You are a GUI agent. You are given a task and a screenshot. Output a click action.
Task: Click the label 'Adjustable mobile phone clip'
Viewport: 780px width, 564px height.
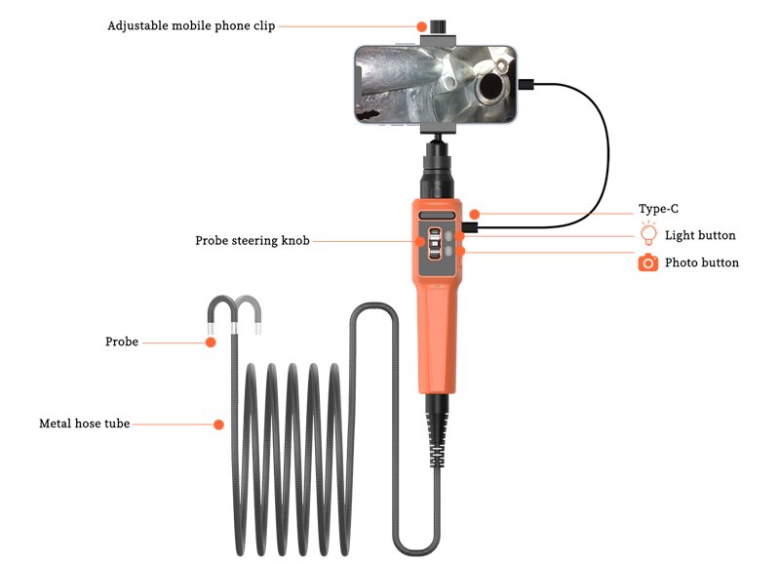191,26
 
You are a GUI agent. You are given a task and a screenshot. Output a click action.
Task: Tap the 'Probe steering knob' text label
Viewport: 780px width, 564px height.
253,241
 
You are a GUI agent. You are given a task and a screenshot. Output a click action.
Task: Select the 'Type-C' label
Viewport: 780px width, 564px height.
658,209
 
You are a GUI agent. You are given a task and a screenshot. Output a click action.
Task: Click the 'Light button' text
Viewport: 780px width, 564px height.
700,235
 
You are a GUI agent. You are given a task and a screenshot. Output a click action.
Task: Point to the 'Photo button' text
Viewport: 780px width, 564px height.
702,262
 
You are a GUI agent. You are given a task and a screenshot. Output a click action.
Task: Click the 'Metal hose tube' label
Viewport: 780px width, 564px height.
85,423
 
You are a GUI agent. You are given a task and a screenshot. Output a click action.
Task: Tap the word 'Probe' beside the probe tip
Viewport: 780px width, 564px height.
122,342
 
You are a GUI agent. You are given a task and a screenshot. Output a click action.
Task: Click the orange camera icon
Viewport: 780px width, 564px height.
647,262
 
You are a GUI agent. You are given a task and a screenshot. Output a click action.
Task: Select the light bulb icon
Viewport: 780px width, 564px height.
648,234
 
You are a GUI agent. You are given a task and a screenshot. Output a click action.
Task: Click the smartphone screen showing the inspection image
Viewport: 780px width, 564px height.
435,85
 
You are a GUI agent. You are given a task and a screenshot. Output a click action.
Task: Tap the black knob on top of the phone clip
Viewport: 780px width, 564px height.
438,27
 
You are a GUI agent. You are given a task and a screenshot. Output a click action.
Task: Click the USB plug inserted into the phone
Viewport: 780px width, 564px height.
526,85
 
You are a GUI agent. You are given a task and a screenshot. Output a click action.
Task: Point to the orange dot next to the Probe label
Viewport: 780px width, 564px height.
211,342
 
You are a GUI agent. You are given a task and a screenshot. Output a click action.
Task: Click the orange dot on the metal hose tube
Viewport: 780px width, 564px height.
218,424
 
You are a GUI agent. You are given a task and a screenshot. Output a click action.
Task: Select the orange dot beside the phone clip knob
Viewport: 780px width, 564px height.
421,26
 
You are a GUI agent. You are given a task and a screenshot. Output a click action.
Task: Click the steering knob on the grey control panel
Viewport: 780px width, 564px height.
434,244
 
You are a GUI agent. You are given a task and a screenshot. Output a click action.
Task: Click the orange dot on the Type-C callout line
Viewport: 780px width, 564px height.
475,214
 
